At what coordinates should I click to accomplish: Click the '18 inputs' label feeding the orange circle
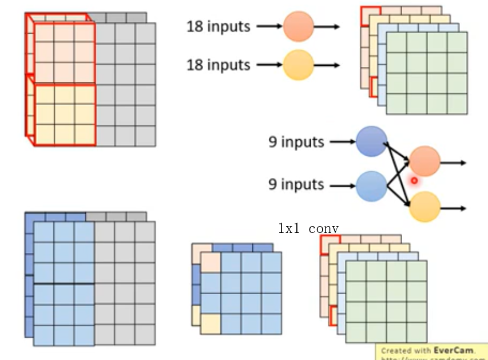(218, 26)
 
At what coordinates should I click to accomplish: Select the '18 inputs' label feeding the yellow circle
(218, 65)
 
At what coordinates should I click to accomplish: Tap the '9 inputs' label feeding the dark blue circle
(296, 141)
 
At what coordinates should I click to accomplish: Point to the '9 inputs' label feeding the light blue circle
(296, 184)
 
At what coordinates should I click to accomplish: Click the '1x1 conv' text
(308, 229)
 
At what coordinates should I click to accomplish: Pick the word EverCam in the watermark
(452, 350)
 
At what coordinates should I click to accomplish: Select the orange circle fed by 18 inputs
(299, 26)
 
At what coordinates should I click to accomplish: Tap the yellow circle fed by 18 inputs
(299, 65)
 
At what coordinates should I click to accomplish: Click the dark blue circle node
(371, 141)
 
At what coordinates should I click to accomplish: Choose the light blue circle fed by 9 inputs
(371, 185)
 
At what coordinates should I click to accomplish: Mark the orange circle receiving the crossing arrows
(424, 162)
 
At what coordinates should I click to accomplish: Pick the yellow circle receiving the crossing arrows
(424, 207)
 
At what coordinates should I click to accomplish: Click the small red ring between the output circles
(414, 180)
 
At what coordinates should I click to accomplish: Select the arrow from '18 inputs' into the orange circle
(269, 26)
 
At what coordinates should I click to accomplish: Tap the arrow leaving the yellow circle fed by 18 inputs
(327, 65)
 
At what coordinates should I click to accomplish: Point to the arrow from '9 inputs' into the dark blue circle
(343, 141)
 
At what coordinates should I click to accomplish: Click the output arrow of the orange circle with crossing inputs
(453, 163)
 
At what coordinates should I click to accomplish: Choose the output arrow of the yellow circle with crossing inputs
(453, 207)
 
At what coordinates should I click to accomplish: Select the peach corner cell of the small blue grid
(211, 262)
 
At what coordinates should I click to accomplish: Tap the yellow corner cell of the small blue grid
(211, 323)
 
